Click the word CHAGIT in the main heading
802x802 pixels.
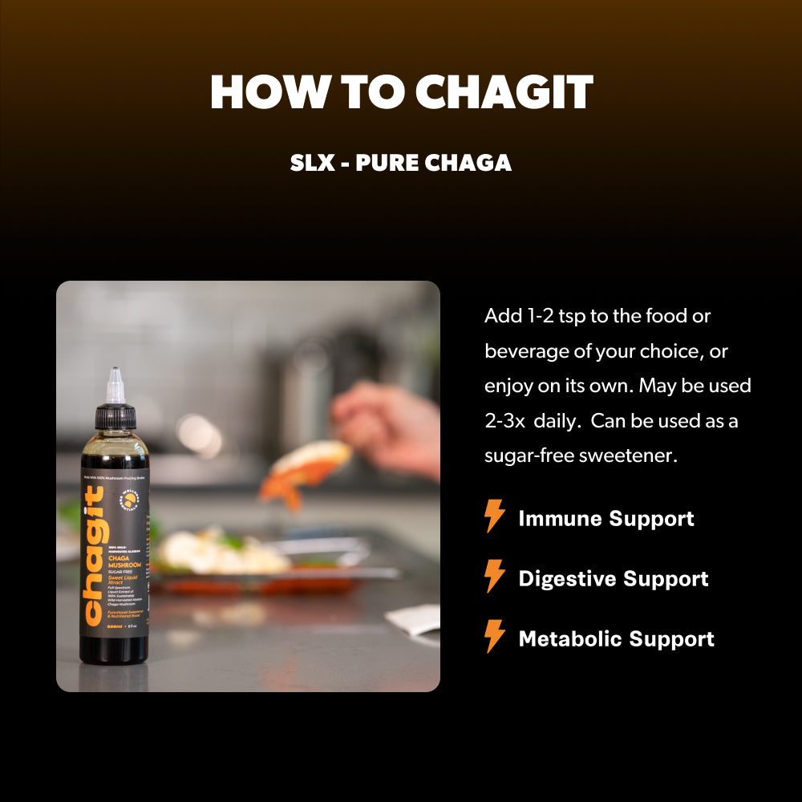pos(504,93)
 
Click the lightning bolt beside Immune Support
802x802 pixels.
pos(495,516)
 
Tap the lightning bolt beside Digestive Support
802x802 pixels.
pos(495,577)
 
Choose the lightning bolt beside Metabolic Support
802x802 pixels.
pos(495,637)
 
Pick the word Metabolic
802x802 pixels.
pos(570,638)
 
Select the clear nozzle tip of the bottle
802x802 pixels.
pos(115,386)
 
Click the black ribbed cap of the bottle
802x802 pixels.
pos(115,416)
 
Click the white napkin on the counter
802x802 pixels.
pos(413,619)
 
